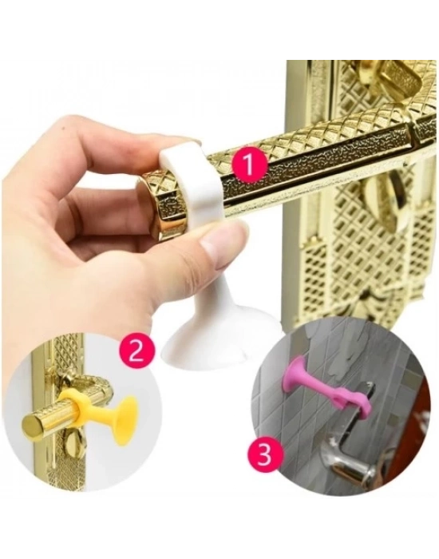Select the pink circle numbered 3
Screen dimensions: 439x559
(x=264, y=456)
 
